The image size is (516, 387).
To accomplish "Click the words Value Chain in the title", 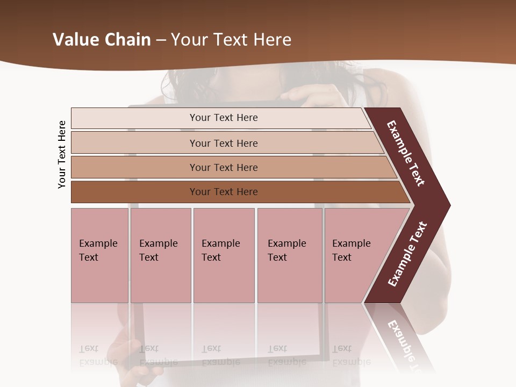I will tap(102, 40).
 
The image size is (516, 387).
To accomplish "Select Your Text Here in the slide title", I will tap(231, 40).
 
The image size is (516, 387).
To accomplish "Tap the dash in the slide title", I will tap(161, 40).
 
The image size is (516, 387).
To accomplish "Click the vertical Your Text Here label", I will tap(62, 154).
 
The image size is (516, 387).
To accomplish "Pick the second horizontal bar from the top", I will tap(223, 143).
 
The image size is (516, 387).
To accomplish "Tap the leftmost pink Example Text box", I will tap(99, 255).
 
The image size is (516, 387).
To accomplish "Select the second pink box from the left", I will tap(161, 255).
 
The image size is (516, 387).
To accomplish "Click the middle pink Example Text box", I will tap(224, 255).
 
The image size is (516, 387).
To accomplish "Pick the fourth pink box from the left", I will tap(290, 255).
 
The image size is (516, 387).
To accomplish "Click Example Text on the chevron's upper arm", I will tap(406, 153).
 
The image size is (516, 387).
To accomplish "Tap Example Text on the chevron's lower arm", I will tap(407, 254).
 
